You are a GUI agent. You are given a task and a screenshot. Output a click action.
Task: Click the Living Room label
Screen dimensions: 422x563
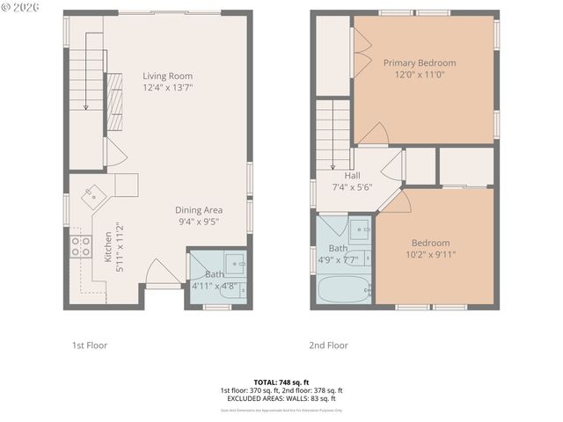[x=167, y=76]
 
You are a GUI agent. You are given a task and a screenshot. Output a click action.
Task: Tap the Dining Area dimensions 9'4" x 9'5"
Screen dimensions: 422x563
[x=198, y=222]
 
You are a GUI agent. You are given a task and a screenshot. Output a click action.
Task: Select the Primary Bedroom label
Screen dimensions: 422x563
[x=420, y=62]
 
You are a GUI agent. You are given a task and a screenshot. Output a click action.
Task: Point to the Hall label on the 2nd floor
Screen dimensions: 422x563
[x=352, y=175]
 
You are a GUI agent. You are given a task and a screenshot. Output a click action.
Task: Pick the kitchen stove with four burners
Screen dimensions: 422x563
[x=80, y=245]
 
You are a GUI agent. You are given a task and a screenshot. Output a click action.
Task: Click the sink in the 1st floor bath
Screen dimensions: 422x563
[x=234, y=262]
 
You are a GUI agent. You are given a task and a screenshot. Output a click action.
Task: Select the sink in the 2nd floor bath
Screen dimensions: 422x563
[x=361, y=232]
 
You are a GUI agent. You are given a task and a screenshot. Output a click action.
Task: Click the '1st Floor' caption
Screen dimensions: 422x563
[x=89, y=346]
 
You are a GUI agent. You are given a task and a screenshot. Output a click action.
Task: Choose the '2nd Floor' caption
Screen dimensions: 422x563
[x=328, y=346]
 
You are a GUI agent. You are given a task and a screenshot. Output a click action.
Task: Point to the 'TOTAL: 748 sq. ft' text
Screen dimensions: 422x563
[x=281, y=382]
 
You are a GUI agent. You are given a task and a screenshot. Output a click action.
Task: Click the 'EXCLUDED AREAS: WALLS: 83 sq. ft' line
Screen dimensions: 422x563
[x=281, y=398]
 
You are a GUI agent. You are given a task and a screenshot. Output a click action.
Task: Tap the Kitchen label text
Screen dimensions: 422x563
[x=108, y=248]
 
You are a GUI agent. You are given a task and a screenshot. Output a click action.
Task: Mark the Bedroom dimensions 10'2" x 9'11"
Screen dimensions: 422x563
[x=430, y=255]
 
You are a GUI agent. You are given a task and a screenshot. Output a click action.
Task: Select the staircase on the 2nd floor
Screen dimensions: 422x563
[x=333, y=132]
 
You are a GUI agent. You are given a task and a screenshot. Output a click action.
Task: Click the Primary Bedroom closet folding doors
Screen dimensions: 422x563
[x=360, y=52]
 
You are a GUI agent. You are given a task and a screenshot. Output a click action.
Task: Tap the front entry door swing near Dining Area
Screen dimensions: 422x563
[x=160, y=272]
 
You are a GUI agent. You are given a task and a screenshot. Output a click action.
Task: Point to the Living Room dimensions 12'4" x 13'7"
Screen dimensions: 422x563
[x=167, y=88]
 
